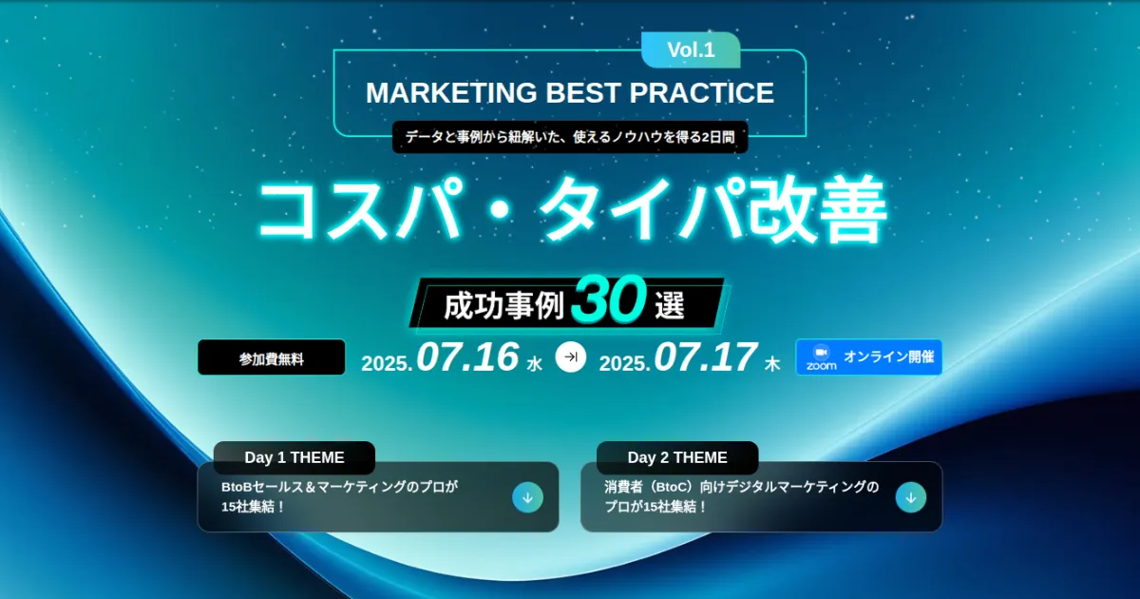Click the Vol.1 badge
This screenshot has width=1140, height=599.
click(x=691, y=49)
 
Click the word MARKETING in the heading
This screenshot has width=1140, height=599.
click(x=451, y=93)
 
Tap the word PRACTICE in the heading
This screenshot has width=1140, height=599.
click(x=701, y=93)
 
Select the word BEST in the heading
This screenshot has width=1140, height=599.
click(x=583, y=93)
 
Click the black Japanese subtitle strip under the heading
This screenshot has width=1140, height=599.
click(x=570, y=137)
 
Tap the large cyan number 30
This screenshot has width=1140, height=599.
click(x=609, y=299)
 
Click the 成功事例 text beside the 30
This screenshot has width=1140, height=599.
click(x=503, y=306)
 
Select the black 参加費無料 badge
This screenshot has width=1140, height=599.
click(x=272, y=357)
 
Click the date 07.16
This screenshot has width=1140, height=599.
click(x=467, y=357)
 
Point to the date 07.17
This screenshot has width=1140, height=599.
click(x=705, y=357)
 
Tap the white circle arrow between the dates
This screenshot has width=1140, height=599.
click(x=571, y=357)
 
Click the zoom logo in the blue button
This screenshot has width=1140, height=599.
click(x=821, y=357)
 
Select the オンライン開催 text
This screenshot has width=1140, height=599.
click(x=888, y=357)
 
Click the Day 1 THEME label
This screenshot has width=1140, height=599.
click(x=294, y=457)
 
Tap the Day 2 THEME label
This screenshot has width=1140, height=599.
click(x=677, y=457)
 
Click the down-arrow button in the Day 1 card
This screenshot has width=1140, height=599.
click(x=528, y=497)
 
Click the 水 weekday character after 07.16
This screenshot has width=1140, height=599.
click(x=534, y=364)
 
